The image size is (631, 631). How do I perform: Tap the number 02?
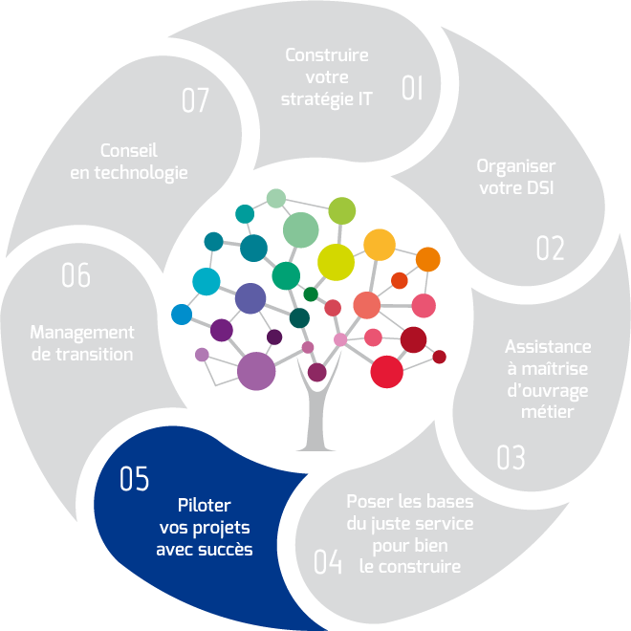coord(550,249)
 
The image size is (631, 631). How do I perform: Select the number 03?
coord(511,458)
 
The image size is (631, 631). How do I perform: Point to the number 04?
coord(327,562)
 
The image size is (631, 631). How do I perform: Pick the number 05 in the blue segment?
coord(135,479)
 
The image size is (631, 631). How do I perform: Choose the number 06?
coord(76,276)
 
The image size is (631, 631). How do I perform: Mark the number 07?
coord(194,100)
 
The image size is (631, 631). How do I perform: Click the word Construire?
coord(327,54)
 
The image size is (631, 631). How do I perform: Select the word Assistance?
coord(548,346)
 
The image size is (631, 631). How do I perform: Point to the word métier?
coord(548,412)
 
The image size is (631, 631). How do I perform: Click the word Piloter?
coord(205,505)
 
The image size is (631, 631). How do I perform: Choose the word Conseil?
coord(128,151)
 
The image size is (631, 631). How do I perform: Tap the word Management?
coord(82,333)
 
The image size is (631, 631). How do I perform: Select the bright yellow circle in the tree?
coord(336,261)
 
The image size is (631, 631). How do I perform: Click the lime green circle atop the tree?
coord(342,210)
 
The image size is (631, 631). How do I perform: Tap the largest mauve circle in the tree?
coord(256,371)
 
